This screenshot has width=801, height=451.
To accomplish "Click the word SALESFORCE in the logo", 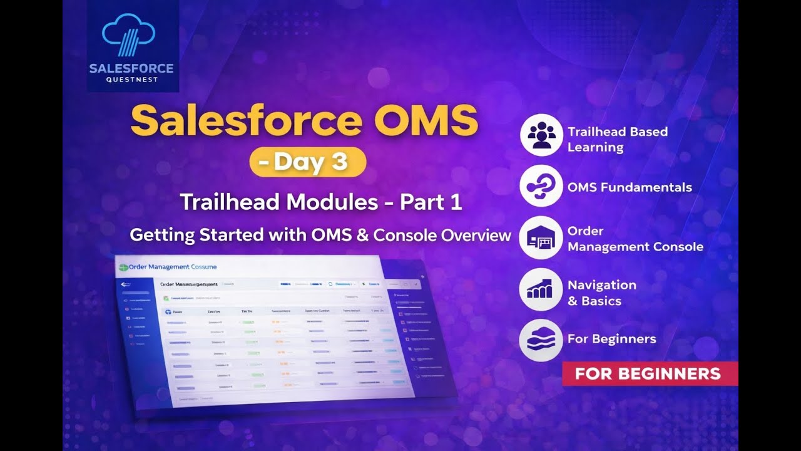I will tap(131, 68).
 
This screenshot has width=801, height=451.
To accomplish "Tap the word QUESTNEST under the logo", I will tap(131, 80).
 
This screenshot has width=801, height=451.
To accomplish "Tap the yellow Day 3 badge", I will tap(307, 162).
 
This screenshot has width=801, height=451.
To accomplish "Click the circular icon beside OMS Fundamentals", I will tap(541, 187).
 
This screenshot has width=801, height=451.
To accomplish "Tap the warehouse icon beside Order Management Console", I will tap(541, 238).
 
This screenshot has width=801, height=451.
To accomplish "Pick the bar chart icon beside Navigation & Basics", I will tap(541, 289).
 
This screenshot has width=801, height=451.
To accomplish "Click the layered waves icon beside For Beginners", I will tap(541, 340).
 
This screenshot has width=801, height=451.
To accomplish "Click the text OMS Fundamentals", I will tap(630, 187).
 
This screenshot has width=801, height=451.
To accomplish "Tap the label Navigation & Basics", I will tap(601, 293).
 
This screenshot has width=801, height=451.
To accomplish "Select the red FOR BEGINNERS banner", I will tap(649, 374).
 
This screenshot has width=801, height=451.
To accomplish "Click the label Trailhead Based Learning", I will tap(617, 139).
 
